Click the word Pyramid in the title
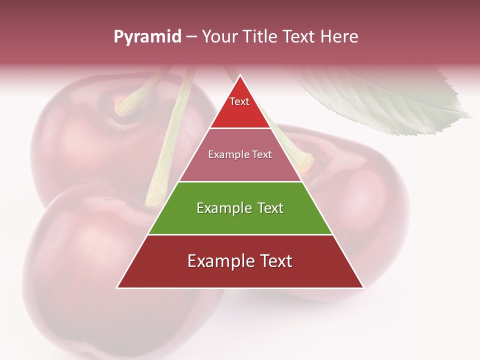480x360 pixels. coord(147,37)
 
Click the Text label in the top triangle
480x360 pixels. coord(239,101)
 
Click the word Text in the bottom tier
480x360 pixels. coord(274,261)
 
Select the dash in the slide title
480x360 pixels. coord(191,37)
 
